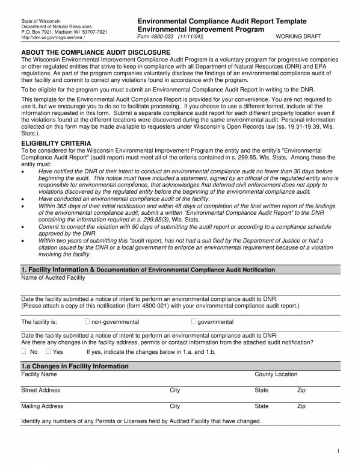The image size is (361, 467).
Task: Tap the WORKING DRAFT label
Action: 298,37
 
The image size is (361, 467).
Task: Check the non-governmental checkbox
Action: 88,321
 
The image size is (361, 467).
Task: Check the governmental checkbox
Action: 194,321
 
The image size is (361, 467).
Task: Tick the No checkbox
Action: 24,351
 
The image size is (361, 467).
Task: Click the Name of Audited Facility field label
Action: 53,277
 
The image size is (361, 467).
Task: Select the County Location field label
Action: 276,374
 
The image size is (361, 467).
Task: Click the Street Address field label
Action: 41,391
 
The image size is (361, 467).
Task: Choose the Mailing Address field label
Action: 42,406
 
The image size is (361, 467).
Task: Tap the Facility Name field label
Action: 40,374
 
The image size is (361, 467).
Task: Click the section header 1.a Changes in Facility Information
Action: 75,366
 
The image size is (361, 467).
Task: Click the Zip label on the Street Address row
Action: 301,391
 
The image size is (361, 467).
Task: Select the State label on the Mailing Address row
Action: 262,406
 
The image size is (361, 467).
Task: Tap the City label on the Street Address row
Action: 174,391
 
